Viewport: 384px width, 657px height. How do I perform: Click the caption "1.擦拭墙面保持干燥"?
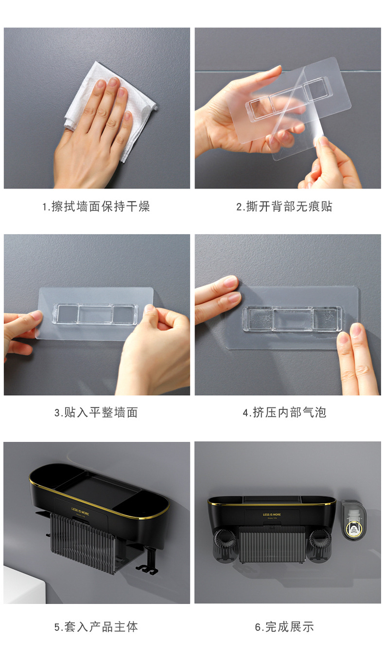pyautogui.click(x=96, y=206)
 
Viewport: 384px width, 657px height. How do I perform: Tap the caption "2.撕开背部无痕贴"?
pyautogui.click(x=284, y=206)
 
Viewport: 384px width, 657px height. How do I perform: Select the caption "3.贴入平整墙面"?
pyautogui.click(x=96, y=412)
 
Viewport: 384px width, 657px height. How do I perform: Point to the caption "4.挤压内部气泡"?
pyautogui.click(x=284, y=412)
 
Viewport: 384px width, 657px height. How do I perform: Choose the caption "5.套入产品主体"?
pyautogui.click(x=96, y=627)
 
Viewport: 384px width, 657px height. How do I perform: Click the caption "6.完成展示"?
pyautogui.click(x=284, y=627)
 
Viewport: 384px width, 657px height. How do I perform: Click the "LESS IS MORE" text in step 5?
pyautogui.click(x=80, y=511)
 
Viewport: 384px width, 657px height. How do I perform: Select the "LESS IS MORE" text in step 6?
pyautogui.click(x=272, y=514)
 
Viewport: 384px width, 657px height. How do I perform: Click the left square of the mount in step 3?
pyautogui.click(x=67, y=314)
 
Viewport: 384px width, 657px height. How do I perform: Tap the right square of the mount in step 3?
pyautogui.click(x=123, y=314)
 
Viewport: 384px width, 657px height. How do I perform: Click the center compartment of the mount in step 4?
pyautogui.click(x=292, y=319)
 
